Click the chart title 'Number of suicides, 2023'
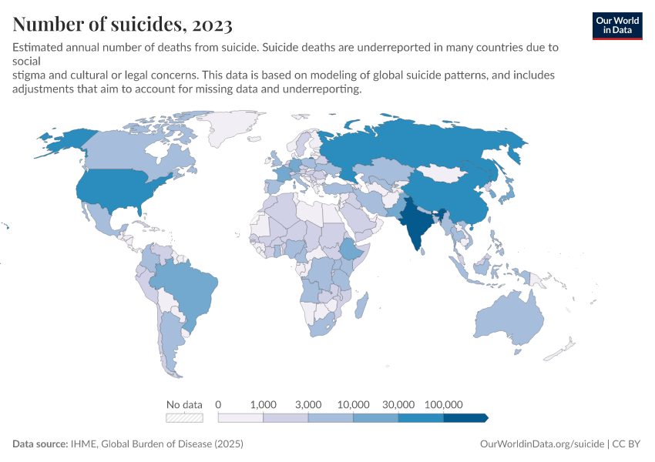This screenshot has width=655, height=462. point(123,25)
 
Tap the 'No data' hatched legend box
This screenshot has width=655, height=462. point(185,418)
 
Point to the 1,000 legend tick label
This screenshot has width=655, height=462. point(264,404)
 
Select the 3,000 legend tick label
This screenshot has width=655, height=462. point(308,404)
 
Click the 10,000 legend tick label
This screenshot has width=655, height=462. point(354,404)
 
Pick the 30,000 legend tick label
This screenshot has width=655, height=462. point(398,404)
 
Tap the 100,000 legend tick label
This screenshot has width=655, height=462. point(443,404)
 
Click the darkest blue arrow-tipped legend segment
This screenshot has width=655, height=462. point(465,418)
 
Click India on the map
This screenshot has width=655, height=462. point(417,223)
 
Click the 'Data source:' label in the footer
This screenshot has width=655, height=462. point(40,444)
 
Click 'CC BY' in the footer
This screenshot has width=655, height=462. point(627,444)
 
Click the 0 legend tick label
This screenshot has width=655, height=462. point(219,404)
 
